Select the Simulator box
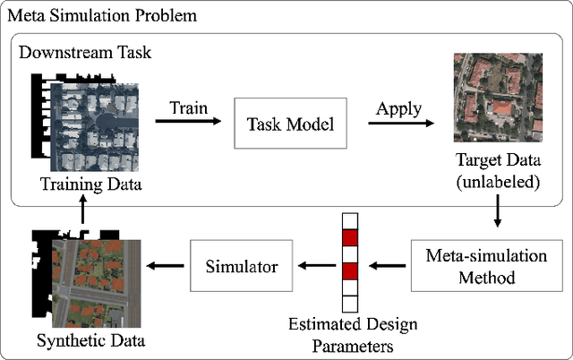point(240,266)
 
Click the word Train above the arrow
point(187,107)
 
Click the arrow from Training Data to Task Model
point(188,124)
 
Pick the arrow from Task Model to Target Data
point(395,124)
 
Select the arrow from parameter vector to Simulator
point(314,266)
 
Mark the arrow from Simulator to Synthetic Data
point(167,266)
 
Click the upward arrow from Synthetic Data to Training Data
point(82,211)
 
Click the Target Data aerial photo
point(498,97)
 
